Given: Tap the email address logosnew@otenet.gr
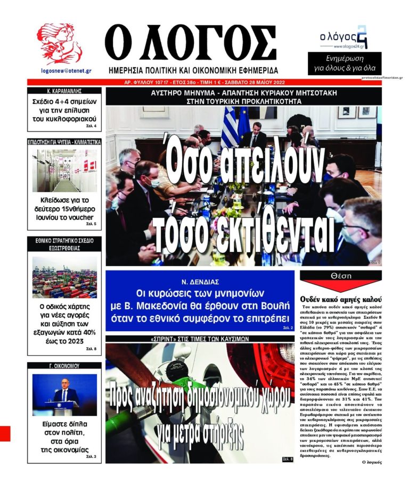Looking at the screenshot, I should click(x=66, y=70).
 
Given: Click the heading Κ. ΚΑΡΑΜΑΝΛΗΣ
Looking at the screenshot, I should click(x=63, y=91).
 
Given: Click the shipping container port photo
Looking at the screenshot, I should click(x=64, y=277).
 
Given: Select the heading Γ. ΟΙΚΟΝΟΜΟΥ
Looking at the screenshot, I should click(x=64, y=366).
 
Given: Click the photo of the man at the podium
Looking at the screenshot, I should click(x=64, y=394).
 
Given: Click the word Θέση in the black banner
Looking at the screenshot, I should click(x=340, y=276).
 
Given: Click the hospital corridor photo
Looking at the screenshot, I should click(x=64, y=170).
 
